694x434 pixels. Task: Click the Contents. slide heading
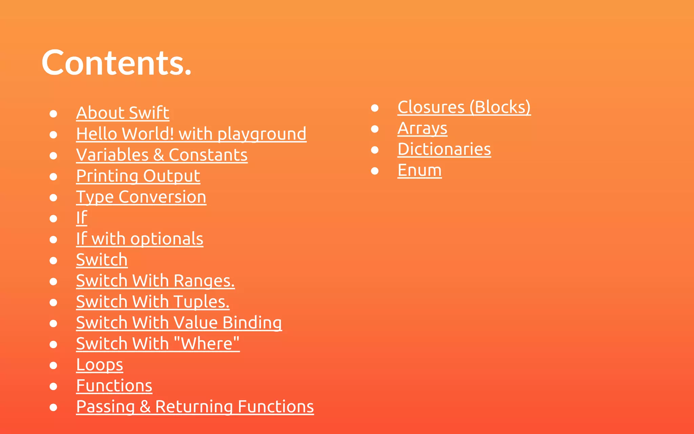(117, 63)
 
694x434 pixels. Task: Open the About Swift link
(123, 113)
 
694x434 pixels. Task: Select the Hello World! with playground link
(191, 134)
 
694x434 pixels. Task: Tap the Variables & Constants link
(162, 155)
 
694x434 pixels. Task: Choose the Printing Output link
(138, 176)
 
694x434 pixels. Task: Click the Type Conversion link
(141, 197)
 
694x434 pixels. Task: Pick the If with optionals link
(140, 239)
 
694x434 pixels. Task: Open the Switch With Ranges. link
(155, 281)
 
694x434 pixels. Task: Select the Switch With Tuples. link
(152, 302)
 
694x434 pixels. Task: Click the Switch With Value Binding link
(179, 323)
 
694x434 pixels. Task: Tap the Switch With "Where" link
(158, 344)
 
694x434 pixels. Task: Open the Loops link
(100, 365)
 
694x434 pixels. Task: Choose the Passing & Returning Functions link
(195, 407)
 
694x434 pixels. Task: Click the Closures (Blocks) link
(464, 107)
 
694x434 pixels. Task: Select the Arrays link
(422, 128)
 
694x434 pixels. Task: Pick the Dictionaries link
(444, 149)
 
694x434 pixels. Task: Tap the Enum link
(420, 170)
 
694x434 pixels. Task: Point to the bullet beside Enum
(374, 171)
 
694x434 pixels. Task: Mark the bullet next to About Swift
(53, 114)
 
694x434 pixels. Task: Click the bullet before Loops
(53, 366)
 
